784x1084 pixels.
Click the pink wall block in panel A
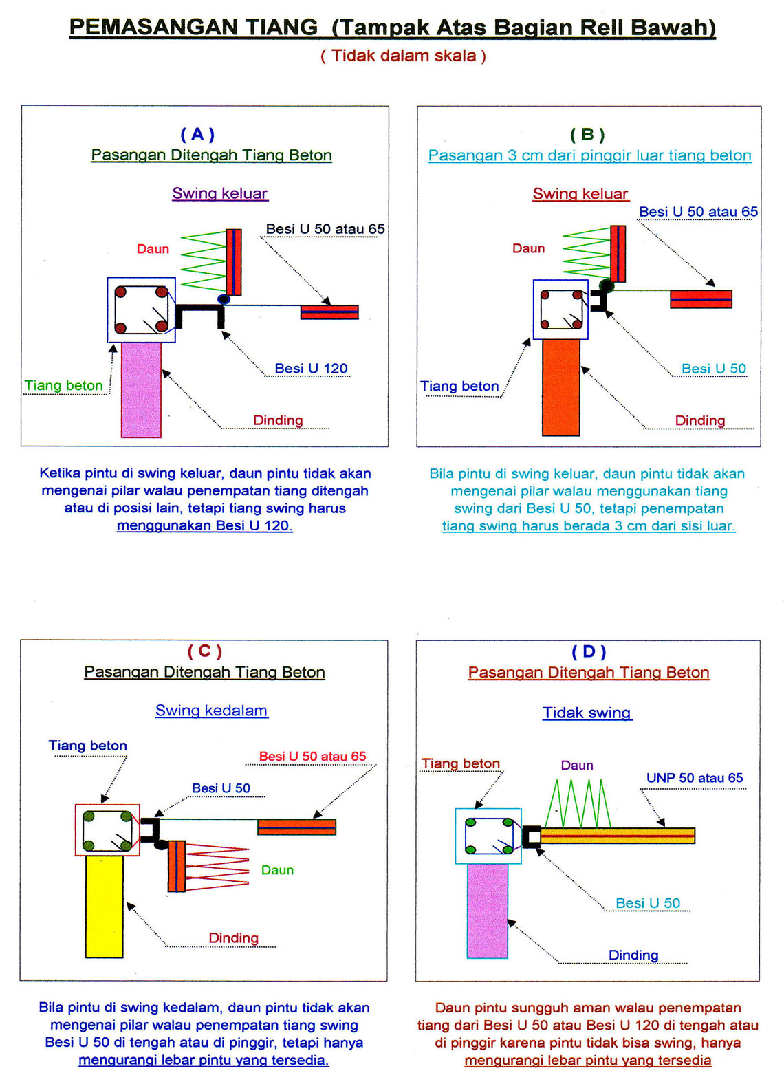coord(141,389)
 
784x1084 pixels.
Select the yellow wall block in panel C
coord(104,907)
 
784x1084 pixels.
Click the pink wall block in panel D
coord(487,911)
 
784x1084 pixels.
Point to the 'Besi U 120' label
coord(311,369)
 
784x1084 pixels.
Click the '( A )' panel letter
coord(197,134)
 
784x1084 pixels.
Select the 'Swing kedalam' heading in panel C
coord(211,711)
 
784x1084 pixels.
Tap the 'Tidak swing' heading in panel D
coord(587,713)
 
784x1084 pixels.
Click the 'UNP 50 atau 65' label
coord(695,778)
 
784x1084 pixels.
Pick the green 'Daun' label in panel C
coord(277,870)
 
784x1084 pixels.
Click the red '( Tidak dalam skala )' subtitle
coord(403,56)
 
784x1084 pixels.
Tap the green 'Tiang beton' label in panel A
coord(63,386)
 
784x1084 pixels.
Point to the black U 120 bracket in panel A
coord(200,314)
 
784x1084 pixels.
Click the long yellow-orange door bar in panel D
coord(618,835)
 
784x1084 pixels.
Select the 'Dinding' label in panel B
coord(699,420)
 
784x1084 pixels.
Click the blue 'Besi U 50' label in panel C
coord(221,788)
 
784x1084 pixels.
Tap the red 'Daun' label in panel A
coord(153,249)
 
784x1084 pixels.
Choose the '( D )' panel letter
coord(589,651)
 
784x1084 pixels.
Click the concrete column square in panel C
coord(107,830)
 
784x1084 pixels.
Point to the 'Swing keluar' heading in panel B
coord(580,194)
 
